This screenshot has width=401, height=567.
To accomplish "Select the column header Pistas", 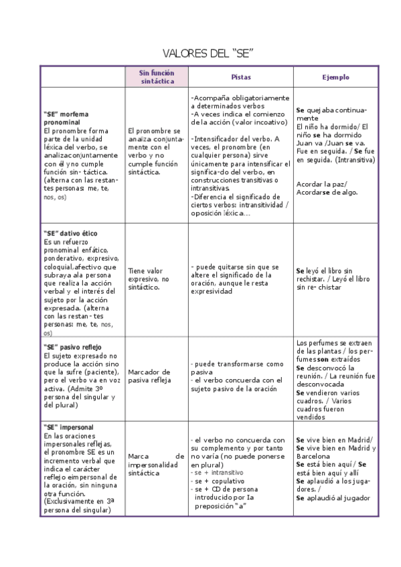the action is [241, 77].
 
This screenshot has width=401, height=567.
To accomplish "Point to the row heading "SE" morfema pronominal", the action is [66, 118].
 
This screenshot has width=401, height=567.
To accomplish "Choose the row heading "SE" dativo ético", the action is [70, 233].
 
